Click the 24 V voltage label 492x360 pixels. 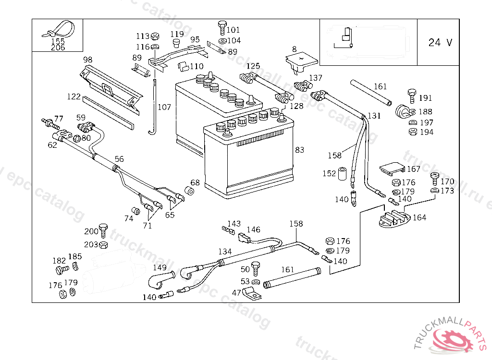coord(440,42)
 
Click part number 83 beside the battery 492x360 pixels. coord(299,150)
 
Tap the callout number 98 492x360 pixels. coord(87,60)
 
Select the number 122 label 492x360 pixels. coord(74,96)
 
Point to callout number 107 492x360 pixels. coord(164,107)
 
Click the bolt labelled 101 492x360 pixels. coord(221,25)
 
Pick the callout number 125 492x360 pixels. coord(253,66)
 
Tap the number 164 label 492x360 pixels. coord(419,217)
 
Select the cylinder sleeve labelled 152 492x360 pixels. coord(343,174)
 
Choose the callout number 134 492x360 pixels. coord(225,251)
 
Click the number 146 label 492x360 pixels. coord(253,230)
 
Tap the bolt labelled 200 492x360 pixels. coord(103,229)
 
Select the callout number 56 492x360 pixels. coord(119,159)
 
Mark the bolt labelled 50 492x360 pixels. coord(256,267)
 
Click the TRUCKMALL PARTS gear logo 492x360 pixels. coord(454,339)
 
